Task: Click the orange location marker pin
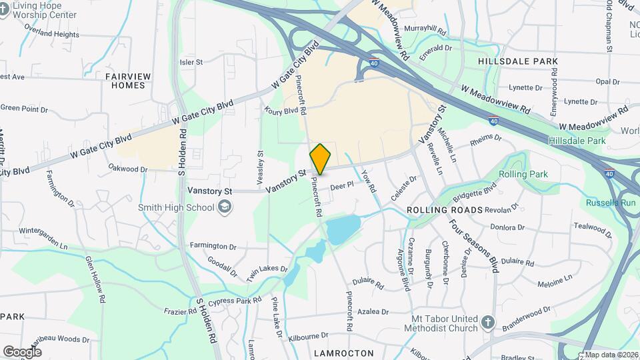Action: point(320,159)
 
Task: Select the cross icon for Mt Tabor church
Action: point(487,323)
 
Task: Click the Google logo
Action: point(22,351)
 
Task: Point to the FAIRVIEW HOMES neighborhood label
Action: point(125,81)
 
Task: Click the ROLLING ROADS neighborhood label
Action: point(444,210)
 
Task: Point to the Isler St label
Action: point(191,62)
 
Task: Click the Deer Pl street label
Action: point(341,187)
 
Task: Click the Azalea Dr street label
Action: point(373,311)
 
